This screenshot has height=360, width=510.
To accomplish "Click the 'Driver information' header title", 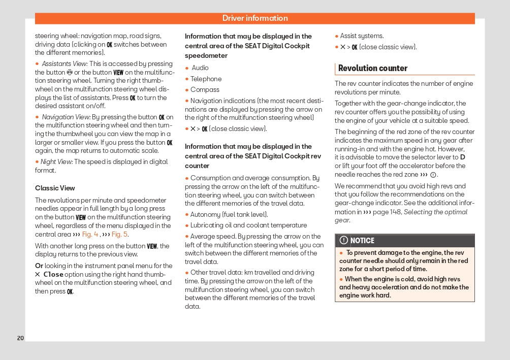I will point(255,18).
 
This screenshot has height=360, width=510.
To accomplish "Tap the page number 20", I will point(20,338).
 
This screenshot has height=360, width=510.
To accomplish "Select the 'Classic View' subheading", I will point(55,188).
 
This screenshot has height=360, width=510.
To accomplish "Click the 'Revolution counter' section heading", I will point(373,68).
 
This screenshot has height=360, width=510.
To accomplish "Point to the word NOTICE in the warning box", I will point(362,241).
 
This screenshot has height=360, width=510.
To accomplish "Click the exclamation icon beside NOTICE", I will point(344,241).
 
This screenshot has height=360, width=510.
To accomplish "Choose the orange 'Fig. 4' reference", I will point(90,235).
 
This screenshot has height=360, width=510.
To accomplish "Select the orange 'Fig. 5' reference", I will point(120,235).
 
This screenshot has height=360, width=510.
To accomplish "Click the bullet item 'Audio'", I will point(200,68).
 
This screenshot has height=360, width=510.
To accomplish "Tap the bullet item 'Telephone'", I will point(206,79).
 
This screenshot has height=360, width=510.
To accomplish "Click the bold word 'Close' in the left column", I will point(53,274).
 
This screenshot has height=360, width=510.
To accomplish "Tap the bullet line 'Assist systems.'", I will point(362,36).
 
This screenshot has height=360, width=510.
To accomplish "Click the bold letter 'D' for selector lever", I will point(462,157).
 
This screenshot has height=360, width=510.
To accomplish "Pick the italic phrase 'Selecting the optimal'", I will point(435,212).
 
